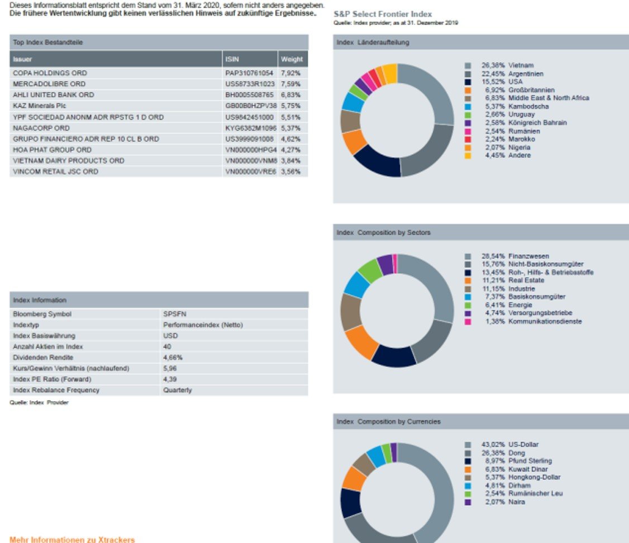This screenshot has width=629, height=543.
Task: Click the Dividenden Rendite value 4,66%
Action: tap(173, 358)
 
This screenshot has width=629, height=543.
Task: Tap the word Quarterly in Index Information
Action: tap(178, 390)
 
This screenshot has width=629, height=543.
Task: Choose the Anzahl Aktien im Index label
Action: tap(47, 346)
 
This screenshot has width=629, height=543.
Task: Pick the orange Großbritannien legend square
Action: tap(468, 90)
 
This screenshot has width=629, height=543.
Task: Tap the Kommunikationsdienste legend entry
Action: tap(545, 322)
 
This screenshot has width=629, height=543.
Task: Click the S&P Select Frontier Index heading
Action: tap(382, 14)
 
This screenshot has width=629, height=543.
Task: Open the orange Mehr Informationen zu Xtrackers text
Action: tap(72, 540)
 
